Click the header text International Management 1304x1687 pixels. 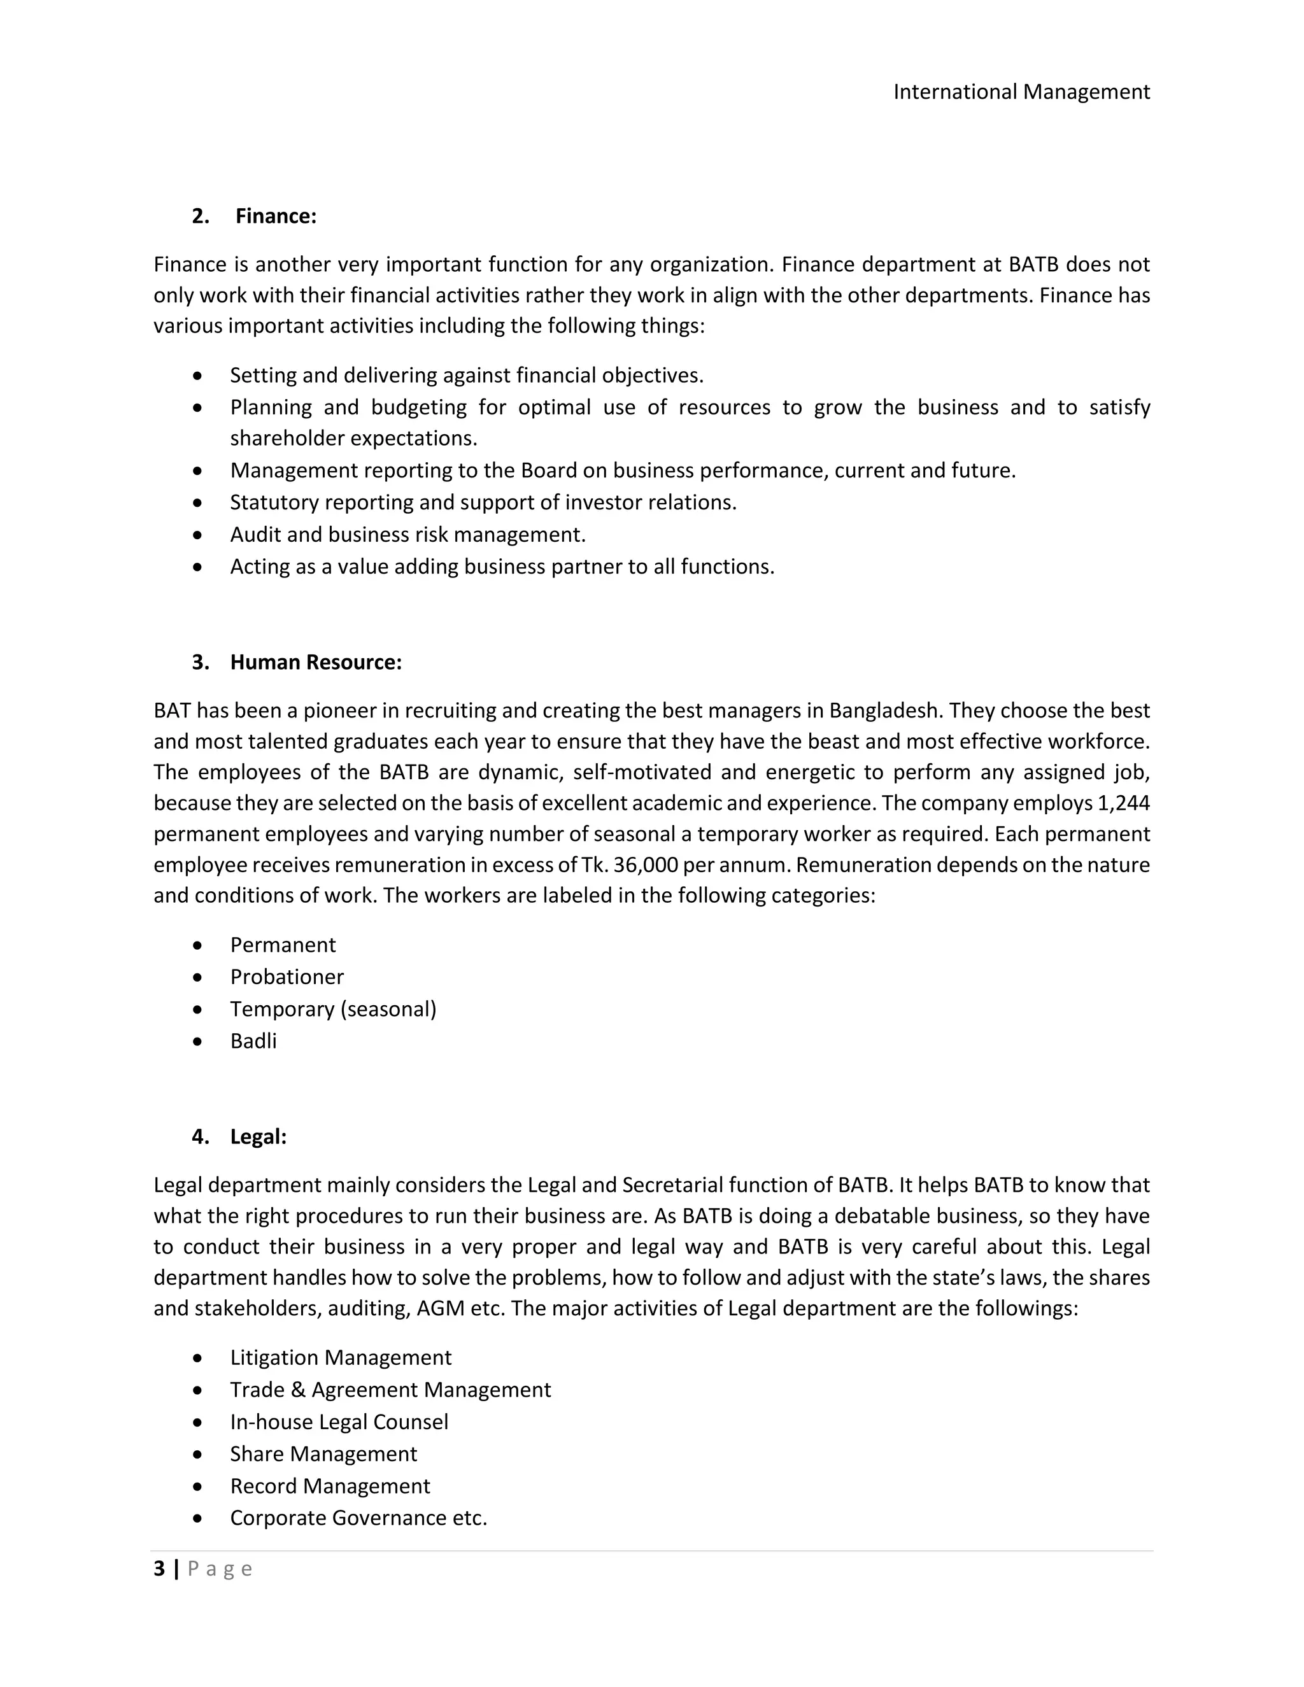click(x=1021, y=92)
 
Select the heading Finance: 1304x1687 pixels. click(x=276, y=216)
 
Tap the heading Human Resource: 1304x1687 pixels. click(x=315, y=662)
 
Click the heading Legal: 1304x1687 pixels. click(x=258, y=1136)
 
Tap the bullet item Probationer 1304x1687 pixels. click(x=287, y=977)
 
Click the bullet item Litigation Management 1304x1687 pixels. click(x=340, y=1357)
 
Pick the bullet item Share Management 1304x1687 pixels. click(x=323, y=1454)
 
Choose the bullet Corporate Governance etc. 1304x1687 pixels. click(x=358, y=1518)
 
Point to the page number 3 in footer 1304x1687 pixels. click(x=159, y=1569)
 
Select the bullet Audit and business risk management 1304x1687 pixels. click(x=408, y=535)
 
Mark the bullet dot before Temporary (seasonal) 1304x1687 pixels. click(x=199, y=1009)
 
